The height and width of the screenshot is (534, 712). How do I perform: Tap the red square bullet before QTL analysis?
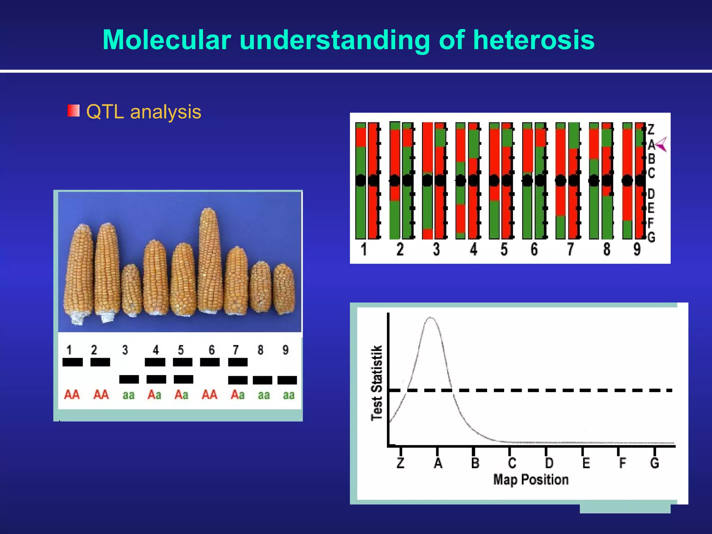pyautogui.click(x=73, y=111)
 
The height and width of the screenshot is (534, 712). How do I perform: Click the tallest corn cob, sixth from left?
pyautogui.click(x=210, y=261)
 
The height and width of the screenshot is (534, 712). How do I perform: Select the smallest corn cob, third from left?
pyautogui.click(x=131, y=290)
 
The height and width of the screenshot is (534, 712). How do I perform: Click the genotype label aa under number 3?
pyautogui.click(x=128, y=395)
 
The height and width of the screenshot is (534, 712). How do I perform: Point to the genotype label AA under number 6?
pyautogui.click(x=209, y=395)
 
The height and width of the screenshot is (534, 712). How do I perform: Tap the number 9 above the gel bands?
pyautogui.click(x=285, y=350)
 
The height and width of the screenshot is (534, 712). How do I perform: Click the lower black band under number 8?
pyautogui.click(x=262, y=380)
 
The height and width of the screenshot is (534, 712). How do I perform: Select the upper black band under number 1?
pyautogui.click(x=72, y=362)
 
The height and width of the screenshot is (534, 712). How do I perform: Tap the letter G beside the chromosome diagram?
pyautogui.click(x=651, y=237)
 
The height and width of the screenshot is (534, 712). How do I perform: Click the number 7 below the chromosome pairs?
pyautogui.click(x=570, y=249)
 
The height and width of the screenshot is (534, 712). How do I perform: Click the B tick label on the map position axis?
pyautogui.click(x=475, y=463)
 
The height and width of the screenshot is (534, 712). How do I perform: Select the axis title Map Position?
pyautogui.click(x=531, y=479)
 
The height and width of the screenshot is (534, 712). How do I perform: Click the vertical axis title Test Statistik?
pyautogui.click(x=377, y=383)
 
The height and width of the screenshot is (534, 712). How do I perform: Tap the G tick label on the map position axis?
pyautogui.click(x=654, y=463)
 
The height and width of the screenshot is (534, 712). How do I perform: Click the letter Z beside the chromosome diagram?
pyautogui.click(x=651, y=130)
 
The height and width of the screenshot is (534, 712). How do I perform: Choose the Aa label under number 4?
pyautogui.click(x=154, y=395)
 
